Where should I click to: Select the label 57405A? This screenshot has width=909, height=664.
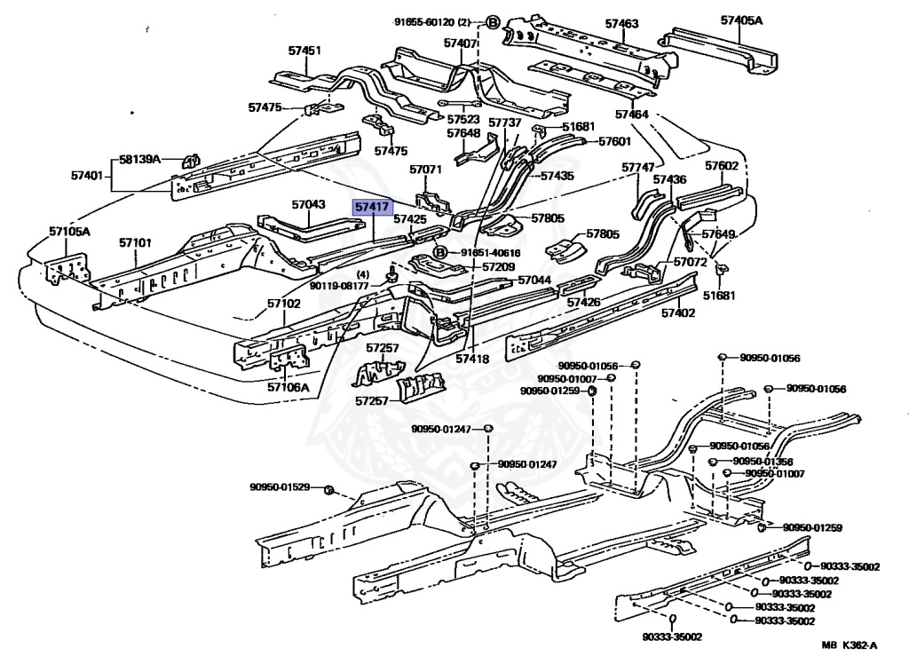point(741,20)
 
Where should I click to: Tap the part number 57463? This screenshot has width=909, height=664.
point(621,24)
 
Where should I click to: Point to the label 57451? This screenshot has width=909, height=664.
point(304,51)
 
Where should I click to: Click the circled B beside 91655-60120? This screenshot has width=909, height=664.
point(492,22)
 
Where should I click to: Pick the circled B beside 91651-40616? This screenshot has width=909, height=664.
point(440,252)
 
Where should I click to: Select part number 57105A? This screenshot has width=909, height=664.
point(69,232)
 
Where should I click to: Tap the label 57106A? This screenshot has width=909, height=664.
point(289,387)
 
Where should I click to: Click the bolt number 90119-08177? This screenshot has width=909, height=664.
point(339,286)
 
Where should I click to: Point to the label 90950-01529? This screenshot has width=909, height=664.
point(280,487)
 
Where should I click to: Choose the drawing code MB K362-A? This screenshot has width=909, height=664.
point(850,644)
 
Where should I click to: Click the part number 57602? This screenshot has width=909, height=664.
point(722,166)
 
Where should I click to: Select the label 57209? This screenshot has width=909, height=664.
point(499,267)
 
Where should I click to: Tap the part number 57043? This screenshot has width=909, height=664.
point(308,204)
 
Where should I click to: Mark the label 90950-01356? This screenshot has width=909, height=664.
point(763,462)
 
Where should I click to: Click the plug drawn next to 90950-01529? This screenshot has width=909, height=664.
point(328,491)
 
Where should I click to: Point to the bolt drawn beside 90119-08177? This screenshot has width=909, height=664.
point(391,275)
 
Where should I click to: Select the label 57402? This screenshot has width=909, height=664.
point(678,313)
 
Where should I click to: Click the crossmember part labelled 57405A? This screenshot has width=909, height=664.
point(719,51)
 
